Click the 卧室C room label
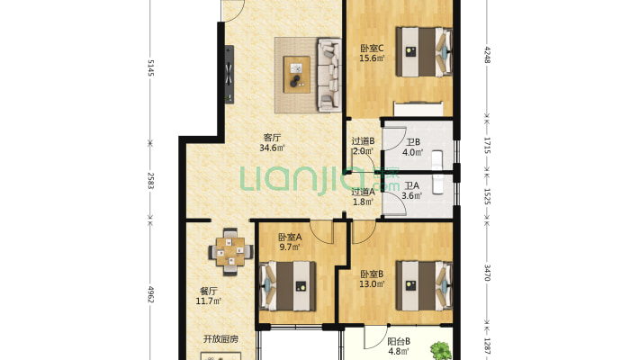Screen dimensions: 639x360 click(372, 49)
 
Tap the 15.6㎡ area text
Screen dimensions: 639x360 click(372, 58)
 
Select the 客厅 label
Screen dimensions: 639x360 click(272, 138)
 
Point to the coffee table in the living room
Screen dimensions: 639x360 click(297, 75)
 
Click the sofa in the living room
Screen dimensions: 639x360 click(328, 75)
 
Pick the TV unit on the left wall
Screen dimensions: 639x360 click(229, 74)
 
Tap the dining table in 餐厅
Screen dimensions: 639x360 click(230, 252)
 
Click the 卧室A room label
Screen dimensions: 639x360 click(290, 237)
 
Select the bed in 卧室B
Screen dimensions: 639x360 click(424, 286)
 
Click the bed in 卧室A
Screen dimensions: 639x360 click(288, 286)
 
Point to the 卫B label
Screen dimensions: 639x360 click(413, 142)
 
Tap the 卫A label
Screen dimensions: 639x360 click(411, 186)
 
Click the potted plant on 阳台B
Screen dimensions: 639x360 click(440, 351)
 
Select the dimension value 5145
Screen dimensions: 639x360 click(150, 67)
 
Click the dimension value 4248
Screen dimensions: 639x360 click(487, 55)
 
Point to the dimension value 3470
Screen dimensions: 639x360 click(487, 273)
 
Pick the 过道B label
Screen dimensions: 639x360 click(363, 141)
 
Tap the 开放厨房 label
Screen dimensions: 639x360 click(220, 338)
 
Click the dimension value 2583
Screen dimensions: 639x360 click(150, 181)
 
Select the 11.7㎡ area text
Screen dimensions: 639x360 click(208, 301)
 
